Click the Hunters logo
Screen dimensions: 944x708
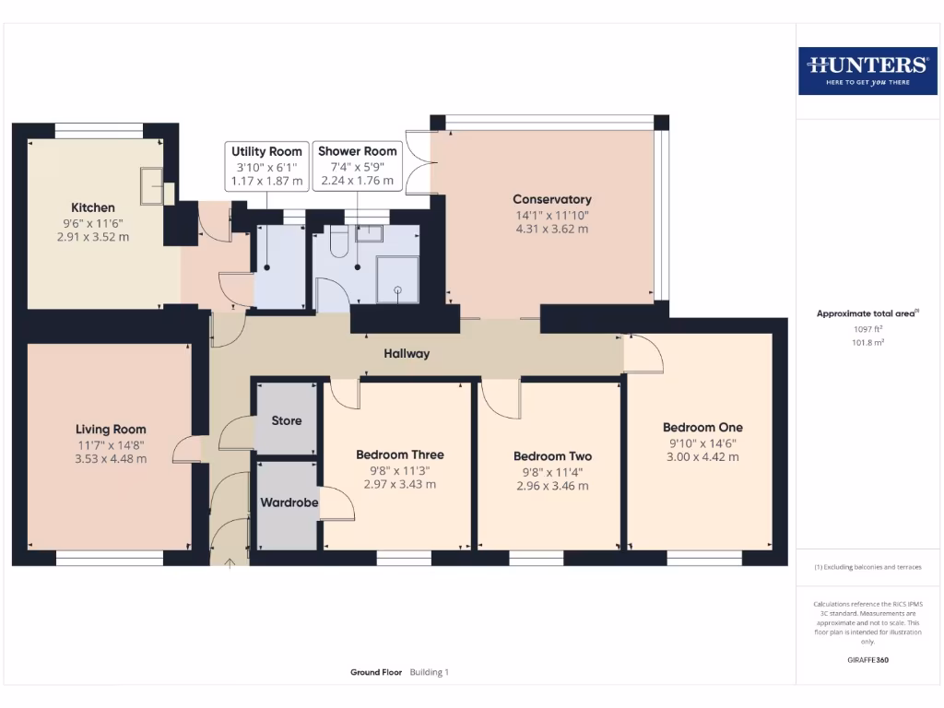coord(867,71)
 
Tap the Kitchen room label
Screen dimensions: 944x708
coord(93,207)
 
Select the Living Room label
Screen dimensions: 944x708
coord(111,430)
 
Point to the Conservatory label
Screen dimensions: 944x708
coord(552,199)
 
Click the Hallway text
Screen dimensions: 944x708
coord(407,353)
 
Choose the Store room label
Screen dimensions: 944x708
coord(287,420)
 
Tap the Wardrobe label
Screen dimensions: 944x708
coord(289,502)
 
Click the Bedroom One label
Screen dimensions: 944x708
coord(702,428)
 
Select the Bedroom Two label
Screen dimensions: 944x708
coord(553,456)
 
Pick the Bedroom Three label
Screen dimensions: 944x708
coord(400,454)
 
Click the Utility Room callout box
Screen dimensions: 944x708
coord(266,166)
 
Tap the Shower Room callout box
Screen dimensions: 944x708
coord(358,166)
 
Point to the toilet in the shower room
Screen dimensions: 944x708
coord(339,241)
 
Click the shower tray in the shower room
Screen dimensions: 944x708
coord(397,279)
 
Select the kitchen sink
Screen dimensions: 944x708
coord(151,186)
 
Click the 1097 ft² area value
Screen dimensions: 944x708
coord(867,329)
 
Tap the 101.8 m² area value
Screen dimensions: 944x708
coord(867,343)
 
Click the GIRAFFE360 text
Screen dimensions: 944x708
coord(867,660)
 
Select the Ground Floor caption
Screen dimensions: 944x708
coord(376,672)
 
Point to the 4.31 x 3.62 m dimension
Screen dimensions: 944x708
coord(552,229)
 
